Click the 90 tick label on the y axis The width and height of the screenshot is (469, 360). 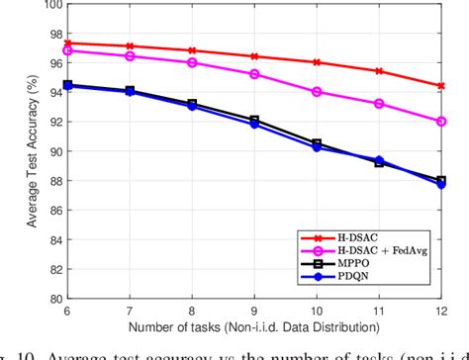(x=52, y=151)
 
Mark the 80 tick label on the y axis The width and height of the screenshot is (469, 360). (x=52, y=298)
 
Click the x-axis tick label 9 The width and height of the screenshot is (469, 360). (x=254, y=310)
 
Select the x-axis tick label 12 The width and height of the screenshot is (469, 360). (x=440, y=310)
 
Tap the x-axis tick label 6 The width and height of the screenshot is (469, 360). (x=67, y=310)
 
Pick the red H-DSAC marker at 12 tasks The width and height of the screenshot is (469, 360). (x=441, y=86)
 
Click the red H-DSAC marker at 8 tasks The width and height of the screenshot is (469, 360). (x=192, y=50)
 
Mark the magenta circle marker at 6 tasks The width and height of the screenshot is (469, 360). (x=67, y=49)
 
